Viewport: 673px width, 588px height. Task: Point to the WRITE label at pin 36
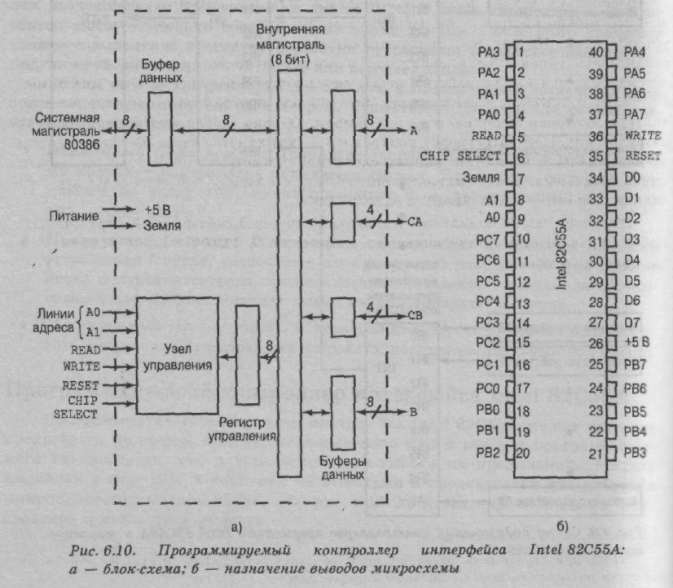643,135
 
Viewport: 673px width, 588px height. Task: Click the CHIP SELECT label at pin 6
460,156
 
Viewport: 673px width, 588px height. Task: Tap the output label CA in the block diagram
415,219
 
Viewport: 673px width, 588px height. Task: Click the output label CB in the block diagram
415,315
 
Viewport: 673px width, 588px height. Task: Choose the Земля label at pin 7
479,176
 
